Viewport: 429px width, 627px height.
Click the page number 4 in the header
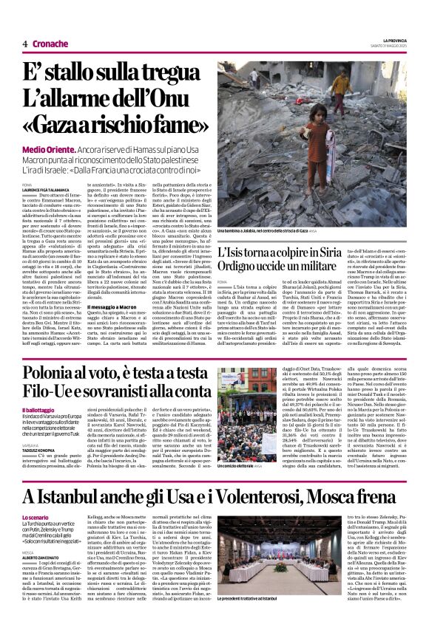[24, 44]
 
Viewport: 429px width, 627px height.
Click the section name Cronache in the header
[49, 44]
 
